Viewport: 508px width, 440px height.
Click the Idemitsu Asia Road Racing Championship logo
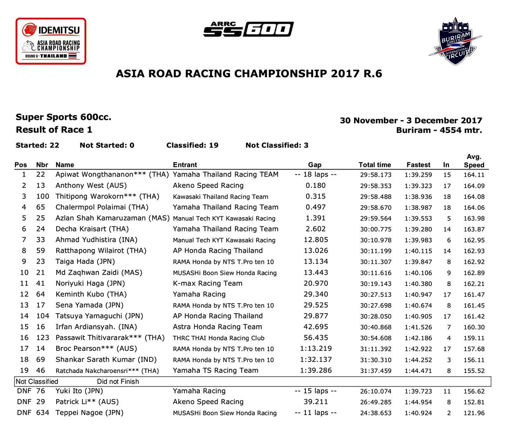(x=51, y=41)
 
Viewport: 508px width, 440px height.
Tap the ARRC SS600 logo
(x=248, y=29)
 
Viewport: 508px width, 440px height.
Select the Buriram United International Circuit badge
(x=455, y=41)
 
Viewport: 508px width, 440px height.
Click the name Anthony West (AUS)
(x=91, y=186)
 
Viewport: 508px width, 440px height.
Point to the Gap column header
(x=315, y=165)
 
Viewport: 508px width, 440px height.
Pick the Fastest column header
(x=418, y=165)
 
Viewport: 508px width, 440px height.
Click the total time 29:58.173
(x=375, y=175)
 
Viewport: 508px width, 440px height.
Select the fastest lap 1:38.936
(x=418, y=196)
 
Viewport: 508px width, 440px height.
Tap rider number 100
(x=43, y=196)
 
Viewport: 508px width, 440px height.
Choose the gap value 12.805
(x=316, y=240)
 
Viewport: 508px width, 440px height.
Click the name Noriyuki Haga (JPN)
(x=90, y=284)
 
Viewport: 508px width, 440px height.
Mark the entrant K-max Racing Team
(x=208, y=284)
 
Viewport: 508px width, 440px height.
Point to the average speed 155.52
(x=474, y=371)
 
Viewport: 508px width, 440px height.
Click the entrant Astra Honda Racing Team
(x=218, y=327)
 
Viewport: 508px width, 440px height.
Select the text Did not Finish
(x=118, y=382)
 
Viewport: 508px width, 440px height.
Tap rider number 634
(x=43, y=413)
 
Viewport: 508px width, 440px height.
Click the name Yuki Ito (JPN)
(x=79, y=391)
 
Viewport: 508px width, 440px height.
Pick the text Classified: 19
(x=192, y=145)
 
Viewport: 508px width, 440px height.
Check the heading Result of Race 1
(x=54, y=130)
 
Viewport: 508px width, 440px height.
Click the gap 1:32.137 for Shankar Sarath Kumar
(x=316, y=360)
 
